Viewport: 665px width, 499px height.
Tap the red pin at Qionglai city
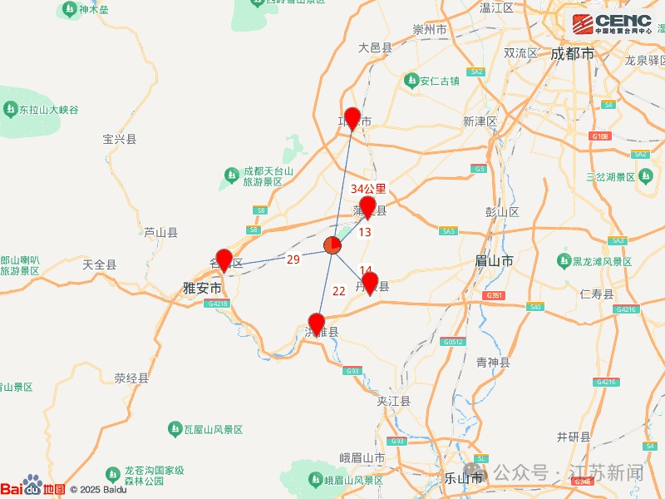(352, 118)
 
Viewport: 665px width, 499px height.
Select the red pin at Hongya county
(316, 323)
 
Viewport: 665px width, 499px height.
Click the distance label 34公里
(368, 189)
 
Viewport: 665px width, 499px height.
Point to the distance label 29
(293, 259)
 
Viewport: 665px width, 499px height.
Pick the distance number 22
(339, 290)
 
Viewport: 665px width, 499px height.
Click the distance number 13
(365, 232)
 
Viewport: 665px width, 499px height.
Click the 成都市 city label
(572, 53)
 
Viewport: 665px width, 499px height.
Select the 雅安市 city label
(203, 288)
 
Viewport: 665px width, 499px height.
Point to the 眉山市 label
(494, 260)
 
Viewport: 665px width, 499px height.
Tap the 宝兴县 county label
(119, 139)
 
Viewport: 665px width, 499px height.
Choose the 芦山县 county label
(160, 233)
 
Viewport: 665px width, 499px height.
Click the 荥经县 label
(131, 378)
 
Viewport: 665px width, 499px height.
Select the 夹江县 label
(394, 401)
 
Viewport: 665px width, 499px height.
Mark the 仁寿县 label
(597, 294)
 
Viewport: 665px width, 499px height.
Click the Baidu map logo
(32, 487)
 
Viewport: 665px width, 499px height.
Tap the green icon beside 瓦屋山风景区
(175, 428)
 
